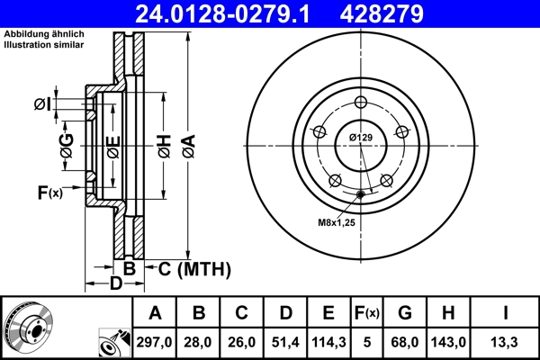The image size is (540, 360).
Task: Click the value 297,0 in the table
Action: pos(155,341)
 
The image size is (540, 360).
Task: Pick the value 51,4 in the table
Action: pos(285,341)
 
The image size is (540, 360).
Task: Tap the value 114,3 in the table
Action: pos(328,341)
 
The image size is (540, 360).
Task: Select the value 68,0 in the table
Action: pos(405,341)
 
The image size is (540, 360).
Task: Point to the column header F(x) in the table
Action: pos(367,313)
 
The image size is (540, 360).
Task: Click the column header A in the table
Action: pos(155,313)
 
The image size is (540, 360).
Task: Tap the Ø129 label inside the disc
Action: pos(361,137)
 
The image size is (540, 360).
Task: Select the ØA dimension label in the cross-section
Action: pos(188,143)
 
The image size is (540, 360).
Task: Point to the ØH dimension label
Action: pos(165,143)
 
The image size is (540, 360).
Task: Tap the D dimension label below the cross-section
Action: pos(115,285)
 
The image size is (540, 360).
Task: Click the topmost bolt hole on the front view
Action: pos(361,101)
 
